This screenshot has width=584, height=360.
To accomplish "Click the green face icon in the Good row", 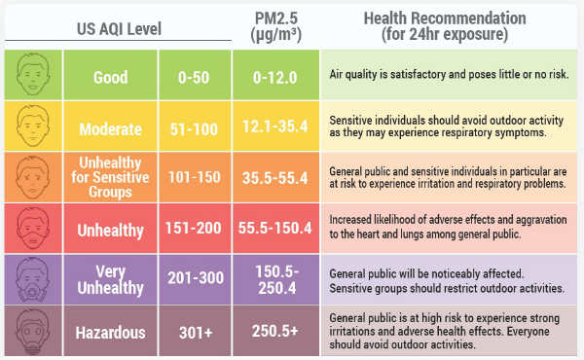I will click(x=34, y=75).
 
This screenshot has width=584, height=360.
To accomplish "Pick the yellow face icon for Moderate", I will click(x=34, y=126).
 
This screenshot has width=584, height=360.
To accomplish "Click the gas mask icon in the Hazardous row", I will click(x=34, y=332).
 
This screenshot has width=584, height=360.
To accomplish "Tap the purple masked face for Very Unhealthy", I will click(x=34, y=280).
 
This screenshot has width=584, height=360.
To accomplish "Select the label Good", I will click(x=111, y=75).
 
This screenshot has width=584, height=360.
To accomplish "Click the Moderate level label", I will click(x=111, y=126).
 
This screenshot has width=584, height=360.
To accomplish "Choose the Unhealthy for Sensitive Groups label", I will click(x=111, y=178).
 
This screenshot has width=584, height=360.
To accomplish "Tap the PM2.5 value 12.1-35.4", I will click(x=276, y=126).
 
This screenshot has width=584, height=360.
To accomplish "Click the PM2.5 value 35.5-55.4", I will click(x=276, y=178).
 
